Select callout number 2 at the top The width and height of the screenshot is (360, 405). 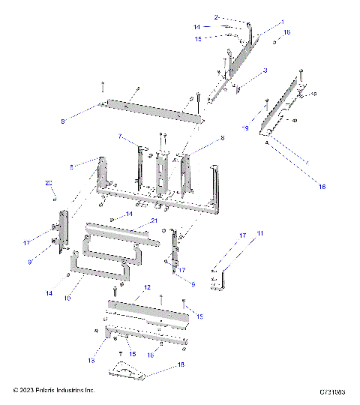[x=216, y=16]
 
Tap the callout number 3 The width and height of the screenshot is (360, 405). [x=265, y=71]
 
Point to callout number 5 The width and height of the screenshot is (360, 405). [x=64, y=120]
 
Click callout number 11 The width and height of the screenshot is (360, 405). [x=261, y=235]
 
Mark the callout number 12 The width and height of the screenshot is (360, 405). [x=148, y=288]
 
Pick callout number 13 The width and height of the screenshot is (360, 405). [x=91, y=361]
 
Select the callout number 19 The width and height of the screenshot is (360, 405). [x=244, y=128]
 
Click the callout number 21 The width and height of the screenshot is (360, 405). [x=153, y=221]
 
